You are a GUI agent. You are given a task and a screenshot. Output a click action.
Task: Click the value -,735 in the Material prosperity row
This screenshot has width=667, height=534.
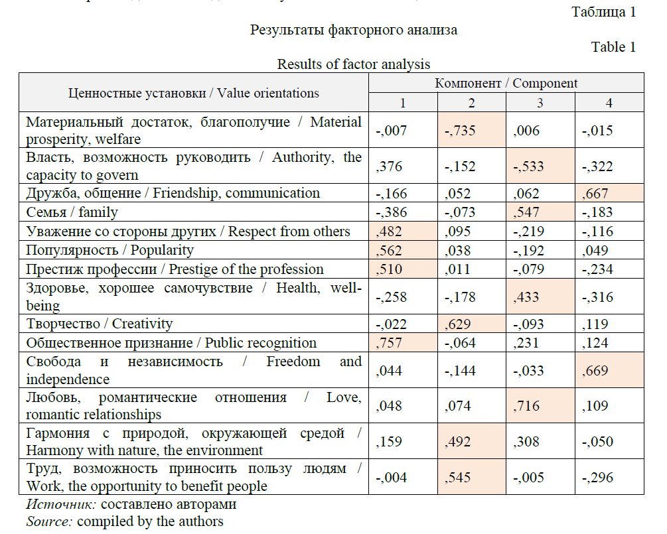pos(460,131)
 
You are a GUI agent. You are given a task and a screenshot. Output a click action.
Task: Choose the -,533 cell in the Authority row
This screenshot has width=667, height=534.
pos(529,166)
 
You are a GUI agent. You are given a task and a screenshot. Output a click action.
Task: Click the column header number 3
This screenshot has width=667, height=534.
pos(540,103)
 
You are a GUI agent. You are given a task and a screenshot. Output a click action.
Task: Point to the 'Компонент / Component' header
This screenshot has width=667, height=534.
pos(506,83)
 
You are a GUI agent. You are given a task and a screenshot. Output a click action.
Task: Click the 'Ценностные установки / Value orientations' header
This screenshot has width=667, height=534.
pos(193,93)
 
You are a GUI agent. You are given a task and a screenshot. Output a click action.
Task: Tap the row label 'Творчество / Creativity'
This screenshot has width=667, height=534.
pos(100,324)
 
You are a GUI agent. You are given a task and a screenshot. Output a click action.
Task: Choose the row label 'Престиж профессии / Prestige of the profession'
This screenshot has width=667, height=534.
pos(175,269)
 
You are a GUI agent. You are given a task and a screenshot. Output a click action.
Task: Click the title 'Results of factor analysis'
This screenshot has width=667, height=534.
pos(353,64)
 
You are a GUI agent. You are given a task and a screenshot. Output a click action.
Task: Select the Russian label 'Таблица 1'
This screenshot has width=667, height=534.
pos(603,12)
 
